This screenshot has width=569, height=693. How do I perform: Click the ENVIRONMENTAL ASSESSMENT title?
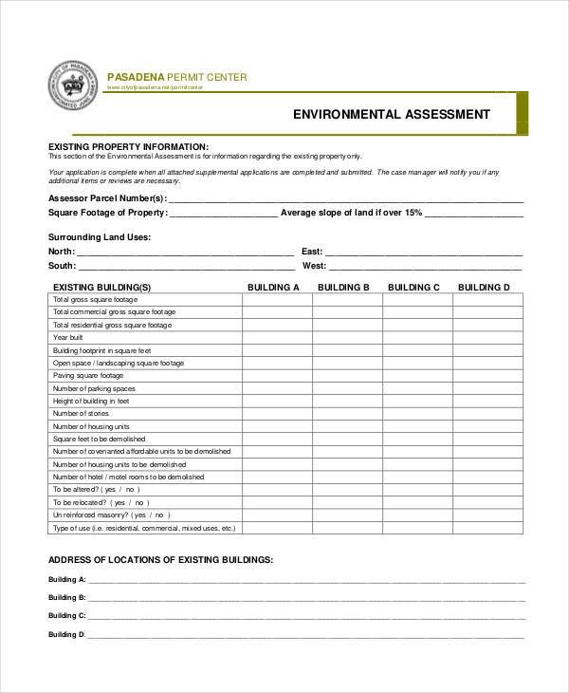[392, 115]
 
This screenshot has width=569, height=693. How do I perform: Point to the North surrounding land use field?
[185, 253]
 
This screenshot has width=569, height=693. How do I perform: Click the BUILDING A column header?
[273, 287]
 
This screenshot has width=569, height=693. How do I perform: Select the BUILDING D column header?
[484, 287]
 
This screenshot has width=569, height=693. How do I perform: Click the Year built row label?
[68, 337]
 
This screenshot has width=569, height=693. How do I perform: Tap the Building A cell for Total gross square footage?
[277, 299]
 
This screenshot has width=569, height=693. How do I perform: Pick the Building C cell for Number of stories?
[417, 414]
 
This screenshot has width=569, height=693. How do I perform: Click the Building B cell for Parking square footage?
[347, 376]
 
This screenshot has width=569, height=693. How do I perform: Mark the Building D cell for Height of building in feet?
[487, 401]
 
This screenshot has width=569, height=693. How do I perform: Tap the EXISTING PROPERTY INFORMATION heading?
[128, 146]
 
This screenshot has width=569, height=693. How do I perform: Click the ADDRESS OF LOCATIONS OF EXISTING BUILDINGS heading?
[160, 560]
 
